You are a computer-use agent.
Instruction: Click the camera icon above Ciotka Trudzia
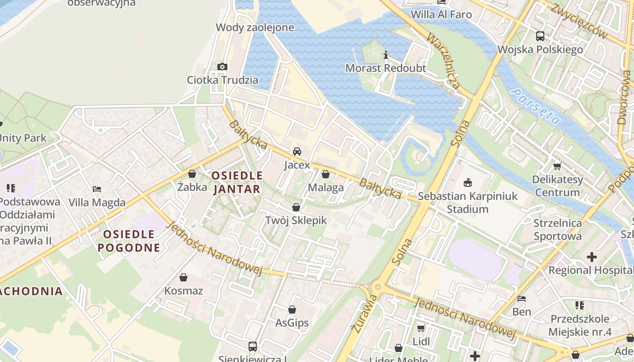coord(222,67)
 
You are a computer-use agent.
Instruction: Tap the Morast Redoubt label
coord(386,68)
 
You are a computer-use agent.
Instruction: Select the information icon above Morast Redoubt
coord(386,55)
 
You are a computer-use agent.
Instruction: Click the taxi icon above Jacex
coord(297,152)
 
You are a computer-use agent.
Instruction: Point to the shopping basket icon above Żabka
coord(192,174)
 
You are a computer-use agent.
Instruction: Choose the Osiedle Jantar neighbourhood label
coord(237,182)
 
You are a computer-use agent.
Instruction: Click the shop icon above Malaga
coord(326,174)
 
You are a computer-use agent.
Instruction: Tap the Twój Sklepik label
coord(296,220)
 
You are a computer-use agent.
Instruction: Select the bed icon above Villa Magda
coord(97,189)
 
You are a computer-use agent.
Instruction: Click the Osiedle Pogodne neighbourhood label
coord(129,241)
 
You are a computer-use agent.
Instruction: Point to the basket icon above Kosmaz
coord(183,277)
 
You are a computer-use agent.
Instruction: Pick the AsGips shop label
coord(292,323)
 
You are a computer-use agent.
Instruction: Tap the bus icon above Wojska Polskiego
coord(540,36)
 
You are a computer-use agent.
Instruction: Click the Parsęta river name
coord(536,107)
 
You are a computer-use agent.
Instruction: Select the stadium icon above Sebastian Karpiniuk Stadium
coord(468,183)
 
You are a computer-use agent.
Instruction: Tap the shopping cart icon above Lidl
coord(421,328)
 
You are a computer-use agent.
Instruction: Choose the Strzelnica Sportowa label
coord(557,229)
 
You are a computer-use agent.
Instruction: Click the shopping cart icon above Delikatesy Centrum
coord(557,166)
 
